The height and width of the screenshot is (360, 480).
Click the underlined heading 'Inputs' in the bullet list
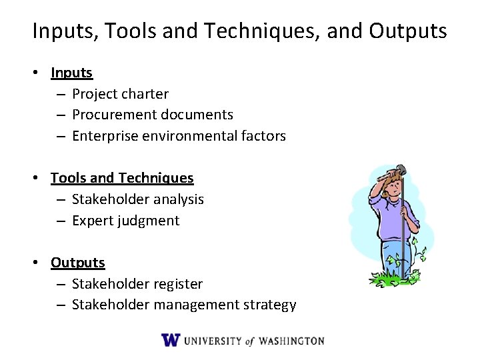coord(71,73)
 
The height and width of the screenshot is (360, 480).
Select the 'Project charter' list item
coord(120,94)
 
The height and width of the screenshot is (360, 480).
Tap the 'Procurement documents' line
coord(152,115)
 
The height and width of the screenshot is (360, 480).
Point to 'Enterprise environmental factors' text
coord(179,136)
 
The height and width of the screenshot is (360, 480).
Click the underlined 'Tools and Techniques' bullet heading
coord(122,178)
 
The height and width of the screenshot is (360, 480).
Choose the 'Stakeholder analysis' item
coord(137,199)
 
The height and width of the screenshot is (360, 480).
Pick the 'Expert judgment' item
coord(125,221)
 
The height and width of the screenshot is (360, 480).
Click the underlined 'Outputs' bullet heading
coord(78,263)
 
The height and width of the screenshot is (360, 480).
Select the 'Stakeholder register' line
coord(137,284)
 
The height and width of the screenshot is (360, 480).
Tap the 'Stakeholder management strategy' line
coord(183,305)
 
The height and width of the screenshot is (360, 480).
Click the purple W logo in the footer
coord(171,340)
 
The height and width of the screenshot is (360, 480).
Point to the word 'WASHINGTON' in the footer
coord(291,341)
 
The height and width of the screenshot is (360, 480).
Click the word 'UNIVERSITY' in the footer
coord(213,341)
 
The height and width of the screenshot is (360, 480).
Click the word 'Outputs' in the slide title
coord(408,31)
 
